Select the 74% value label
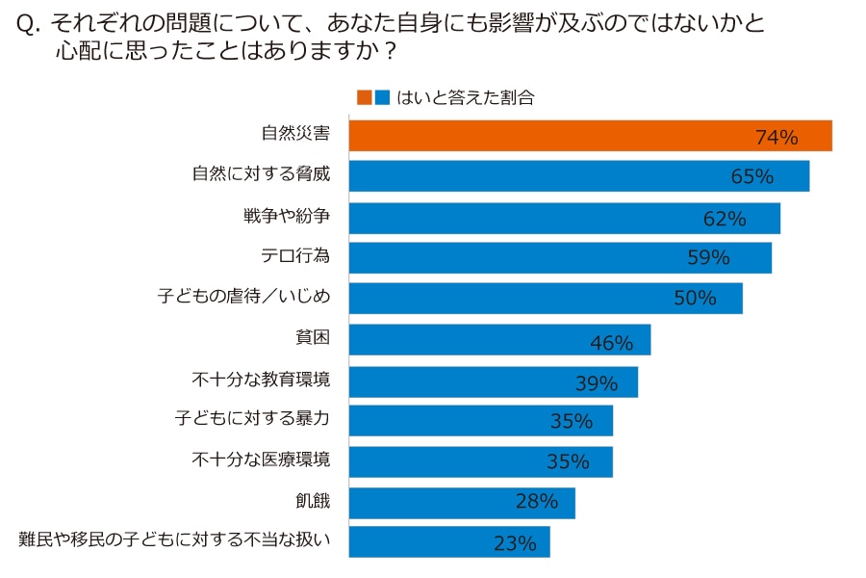(777, 138)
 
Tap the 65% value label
(752, 177)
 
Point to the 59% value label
(708, 258)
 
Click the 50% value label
(695, 299)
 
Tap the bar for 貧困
(498, 339)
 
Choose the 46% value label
(611, 343)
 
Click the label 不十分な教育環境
(262, 380)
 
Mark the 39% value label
(596, 383)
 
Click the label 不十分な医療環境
(262, 460)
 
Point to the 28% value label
(536, 501)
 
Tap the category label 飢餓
(313, 500)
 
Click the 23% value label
(514, 543)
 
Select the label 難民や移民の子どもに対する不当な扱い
(175, 540)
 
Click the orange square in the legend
(364, 97)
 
